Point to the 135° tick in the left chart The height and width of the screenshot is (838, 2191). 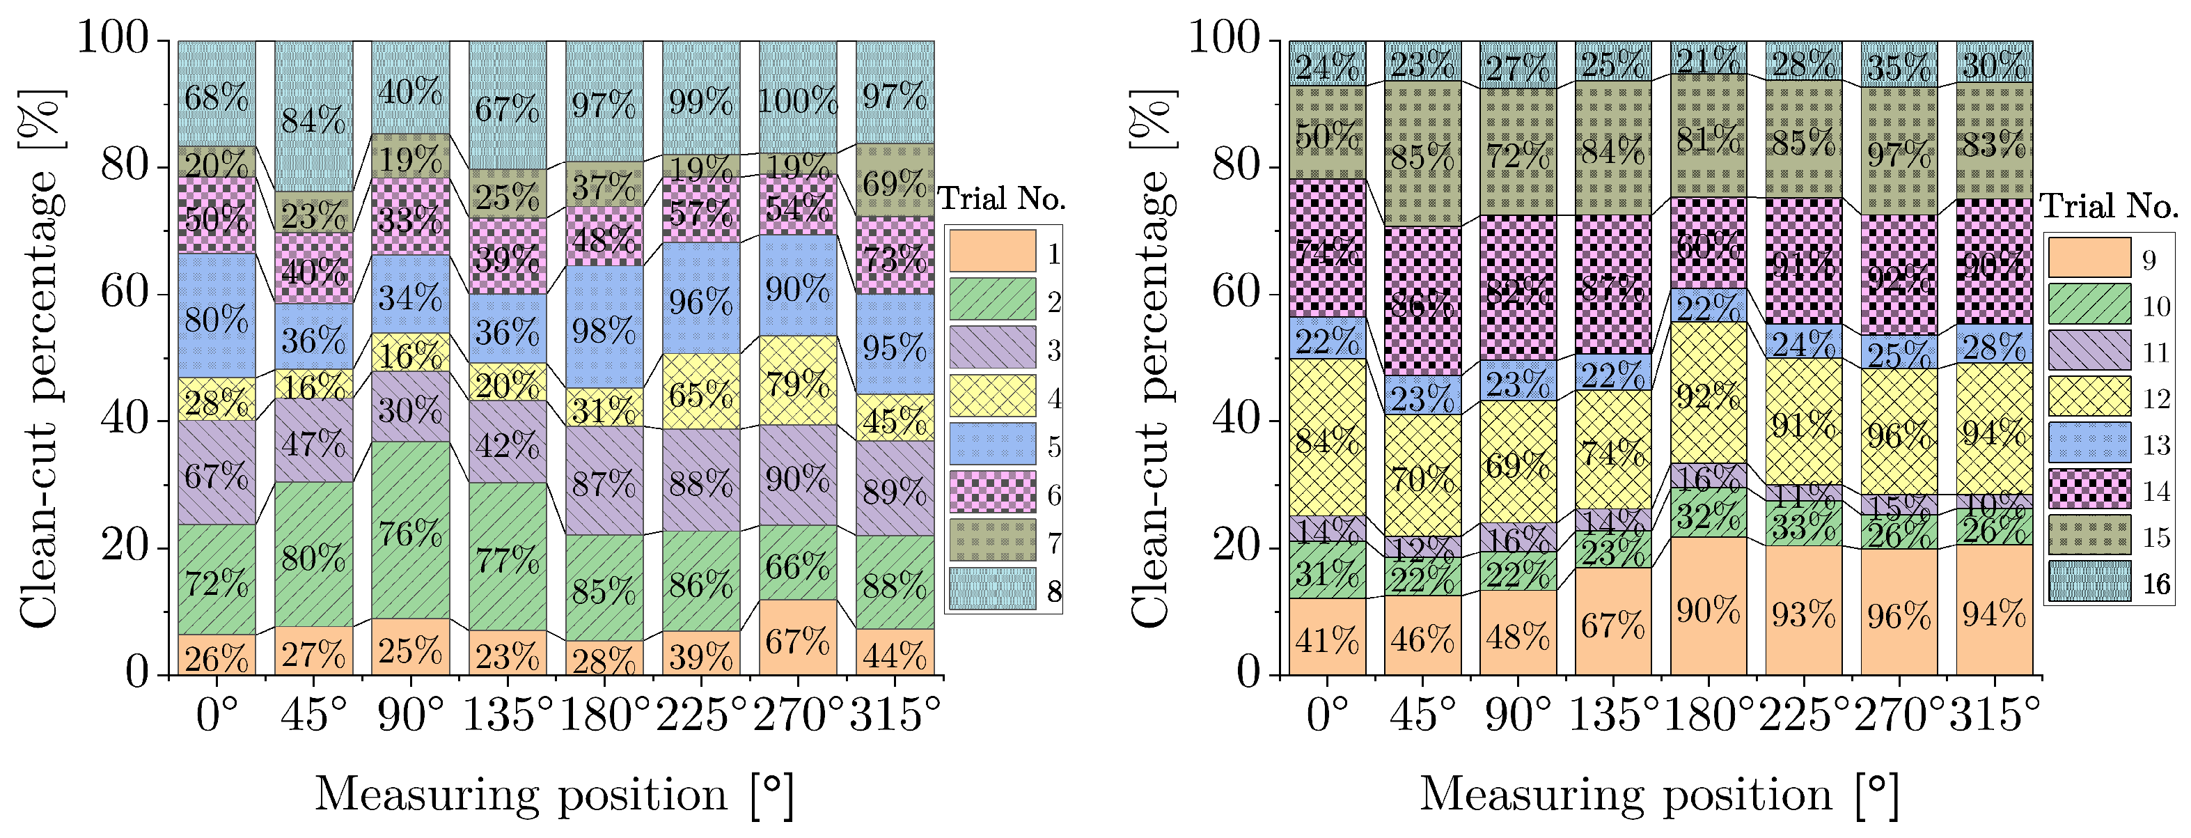[x=508, y=713]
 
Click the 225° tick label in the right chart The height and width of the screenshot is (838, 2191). [x=1804, y=713]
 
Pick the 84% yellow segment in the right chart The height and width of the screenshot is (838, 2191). [x=1327, y=437]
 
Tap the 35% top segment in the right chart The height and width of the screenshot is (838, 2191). [x=1899, y=65]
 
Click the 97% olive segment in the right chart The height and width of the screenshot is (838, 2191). [x=1899, y=153]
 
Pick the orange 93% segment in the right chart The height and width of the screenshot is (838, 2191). [x=1804, y=612]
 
